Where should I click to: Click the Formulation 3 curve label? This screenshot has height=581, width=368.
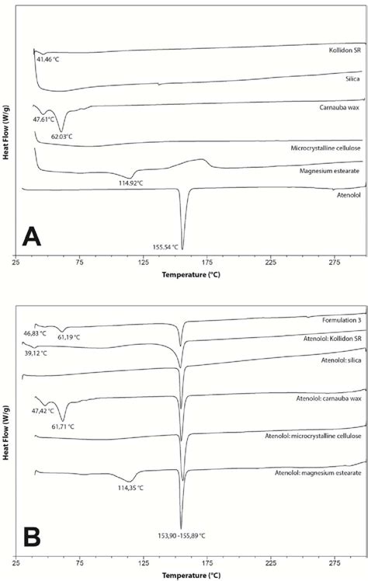point(342,320)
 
